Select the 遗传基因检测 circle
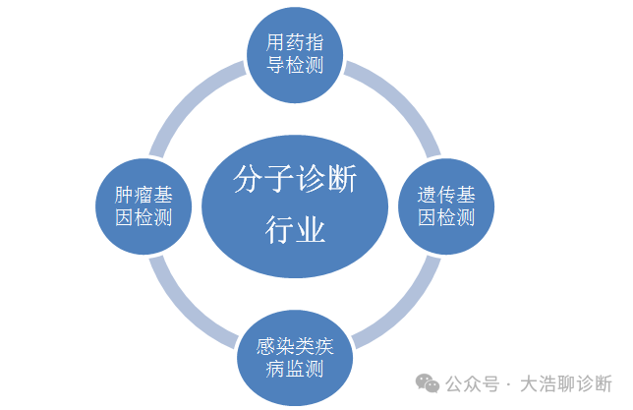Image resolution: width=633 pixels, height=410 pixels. point(440,204)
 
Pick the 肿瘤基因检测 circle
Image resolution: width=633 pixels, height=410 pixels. point(144,204)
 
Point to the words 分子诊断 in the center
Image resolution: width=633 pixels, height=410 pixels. point(296,182)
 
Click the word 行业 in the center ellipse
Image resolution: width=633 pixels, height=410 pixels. point(296,230)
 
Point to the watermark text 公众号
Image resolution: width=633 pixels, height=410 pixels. point(473,383)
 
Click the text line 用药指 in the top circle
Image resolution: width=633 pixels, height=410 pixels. point(296,42)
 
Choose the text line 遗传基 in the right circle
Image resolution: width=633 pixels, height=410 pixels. point(440,193)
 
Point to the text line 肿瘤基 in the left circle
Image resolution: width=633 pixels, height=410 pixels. point(144,193)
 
